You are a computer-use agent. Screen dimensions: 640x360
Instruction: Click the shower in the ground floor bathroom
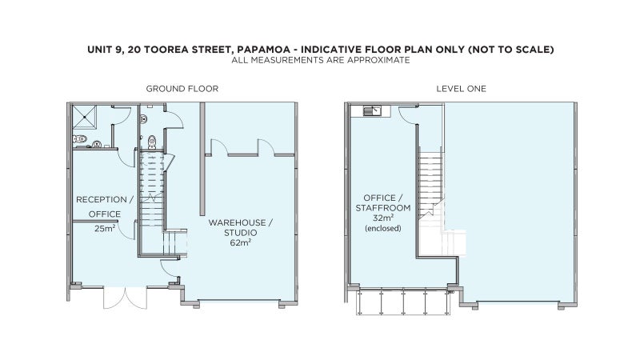[85, 118]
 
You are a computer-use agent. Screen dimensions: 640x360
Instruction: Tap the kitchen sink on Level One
[372, 110]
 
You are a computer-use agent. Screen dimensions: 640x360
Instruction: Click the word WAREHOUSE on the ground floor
[237, 222]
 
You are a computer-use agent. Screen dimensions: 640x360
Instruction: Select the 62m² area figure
[241, 242]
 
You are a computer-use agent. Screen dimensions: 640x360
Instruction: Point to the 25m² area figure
[105, 228]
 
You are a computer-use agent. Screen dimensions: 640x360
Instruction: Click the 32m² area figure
[383, 218]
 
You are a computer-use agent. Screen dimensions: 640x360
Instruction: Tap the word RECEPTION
[102, 199]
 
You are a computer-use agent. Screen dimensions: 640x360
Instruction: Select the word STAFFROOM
[383, 208]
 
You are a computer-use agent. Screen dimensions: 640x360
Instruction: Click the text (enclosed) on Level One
[383, 228]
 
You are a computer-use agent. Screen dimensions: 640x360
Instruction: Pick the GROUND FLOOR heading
[182, 89]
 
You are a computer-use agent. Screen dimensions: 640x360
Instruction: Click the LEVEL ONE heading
[462, 89]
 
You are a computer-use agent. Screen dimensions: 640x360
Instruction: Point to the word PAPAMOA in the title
[264, 50]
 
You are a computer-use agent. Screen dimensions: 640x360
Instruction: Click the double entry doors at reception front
[125, 298]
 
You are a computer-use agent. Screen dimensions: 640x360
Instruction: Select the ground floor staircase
[153, 203]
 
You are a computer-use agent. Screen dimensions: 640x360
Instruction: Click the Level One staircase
[431, 183]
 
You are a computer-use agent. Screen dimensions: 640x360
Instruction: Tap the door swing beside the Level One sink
[408, 114]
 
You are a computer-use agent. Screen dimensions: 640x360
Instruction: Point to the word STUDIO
[241, 233]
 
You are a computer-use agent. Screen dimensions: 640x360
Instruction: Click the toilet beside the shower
[80, 138]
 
